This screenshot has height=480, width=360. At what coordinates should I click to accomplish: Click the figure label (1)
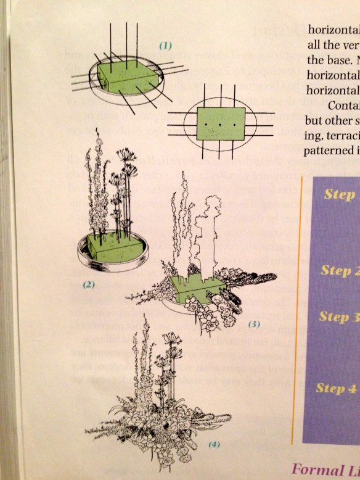tap(165, 46)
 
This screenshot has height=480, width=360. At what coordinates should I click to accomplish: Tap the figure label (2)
tap(88, 285)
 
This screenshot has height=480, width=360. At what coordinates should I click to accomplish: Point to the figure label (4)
tap(213, 444)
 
